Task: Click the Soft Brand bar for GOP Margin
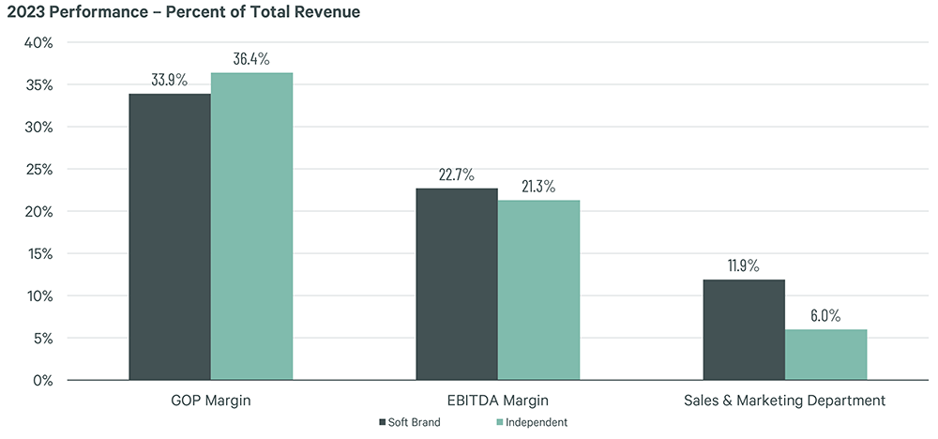tap(170, 236)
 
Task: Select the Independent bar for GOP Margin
tap(251, 226)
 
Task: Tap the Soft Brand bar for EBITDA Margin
tap(457, 284)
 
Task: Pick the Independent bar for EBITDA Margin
tap(538, 290)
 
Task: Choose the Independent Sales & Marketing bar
tap(825, 355)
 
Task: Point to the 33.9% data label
tap(170, 79)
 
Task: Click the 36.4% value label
tap(251, 58)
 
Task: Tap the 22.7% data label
tap(457, 174)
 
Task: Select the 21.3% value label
tap(538, 186)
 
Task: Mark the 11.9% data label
tap(744, 265)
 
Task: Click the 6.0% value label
tap(825, 315)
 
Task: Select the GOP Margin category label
tap(210, 401)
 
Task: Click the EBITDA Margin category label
tap(497, 401)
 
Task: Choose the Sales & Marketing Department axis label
tap(784, 401)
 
